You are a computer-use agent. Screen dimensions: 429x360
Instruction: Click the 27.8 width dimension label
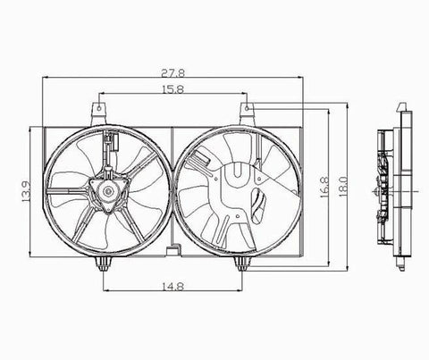(173, 73)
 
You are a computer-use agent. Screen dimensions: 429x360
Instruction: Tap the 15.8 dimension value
(173, 89)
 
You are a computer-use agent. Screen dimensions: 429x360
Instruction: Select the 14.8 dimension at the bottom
(173, 286)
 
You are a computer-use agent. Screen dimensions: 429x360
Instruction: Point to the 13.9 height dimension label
(26, 191)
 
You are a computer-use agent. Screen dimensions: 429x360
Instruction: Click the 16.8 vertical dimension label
(324, 187)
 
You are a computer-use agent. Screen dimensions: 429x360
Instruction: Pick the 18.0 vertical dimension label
(343, 187)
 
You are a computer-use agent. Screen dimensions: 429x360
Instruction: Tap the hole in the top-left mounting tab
(98, 108)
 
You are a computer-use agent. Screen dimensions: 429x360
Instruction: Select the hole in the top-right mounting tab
(247, 108)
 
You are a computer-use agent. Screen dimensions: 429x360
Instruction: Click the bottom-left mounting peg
(103, 264)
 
